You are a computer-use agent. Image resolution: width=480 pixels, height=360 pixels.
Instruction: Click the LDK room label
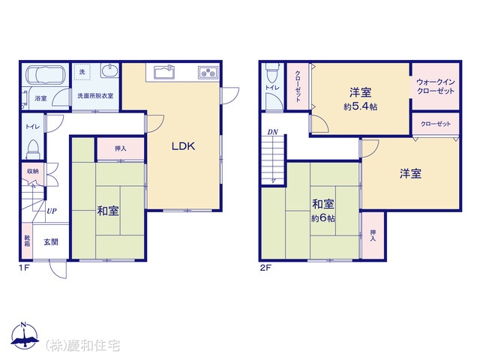[x=183, y=146]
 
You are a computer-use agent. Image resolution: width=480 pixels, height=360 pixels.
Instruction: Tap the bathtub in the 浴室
[x=45, y=75]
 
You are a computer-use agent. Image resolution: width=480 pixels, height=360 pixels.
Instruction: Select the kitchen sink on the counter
[x=165, y=73]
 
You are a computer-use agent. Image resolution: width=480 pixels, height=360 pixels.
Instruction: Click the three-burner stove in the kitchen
[x=208, y=73]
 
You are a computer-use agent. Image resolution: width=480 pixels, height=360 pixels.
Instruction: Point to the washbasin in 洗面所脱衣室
[x=109, y=71]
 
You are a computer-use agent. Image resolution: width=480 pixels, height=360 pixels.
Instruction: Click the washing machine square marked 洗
[x=82, y=72]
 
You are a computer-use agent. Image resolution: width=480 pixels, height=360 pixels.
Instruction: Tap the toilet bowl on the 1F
[x=33, y=149]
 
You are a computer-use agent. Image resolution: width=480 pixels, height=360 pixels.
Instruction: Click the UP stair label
[x=52, y=211]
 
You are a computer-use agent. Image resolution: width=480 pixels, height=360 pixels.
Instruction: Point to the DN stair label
[x=272, y=132]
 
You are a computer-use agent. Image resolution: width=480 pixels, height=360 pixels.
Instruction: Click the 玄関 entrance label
[x=51, y=242]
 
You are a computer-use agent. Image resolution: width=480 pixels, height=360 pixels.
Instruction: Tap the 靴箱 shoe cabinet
[x=27, y=241]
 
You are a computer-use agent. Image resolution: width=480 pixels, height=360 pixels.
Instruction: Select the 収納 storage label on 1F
[x=33, y=171]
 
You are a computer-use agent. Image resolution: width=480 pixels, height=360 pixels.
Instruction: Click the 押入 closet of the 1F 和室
[x=121, y=148]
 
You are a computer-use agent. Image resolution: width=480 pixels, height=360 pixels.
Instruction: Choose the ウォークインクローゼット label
[x=435, y=86]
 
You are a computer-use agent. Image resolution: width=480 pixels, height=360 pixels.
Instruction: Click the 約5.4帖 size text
[x=360, y=106]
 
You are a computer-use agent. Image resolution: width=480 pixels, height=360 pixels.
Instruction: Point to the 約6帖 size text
[x=323, y=218]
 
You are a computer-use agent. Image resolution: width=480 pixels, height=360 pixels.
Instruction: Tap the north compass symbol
[x=25, y=335]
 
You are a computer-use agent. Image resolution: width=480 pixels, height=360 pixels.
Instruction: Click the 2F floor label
[x=265, y=268]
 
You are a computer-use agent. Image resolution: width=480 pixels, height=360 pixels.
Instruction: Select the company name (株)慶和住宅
[x=82, y=346]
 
